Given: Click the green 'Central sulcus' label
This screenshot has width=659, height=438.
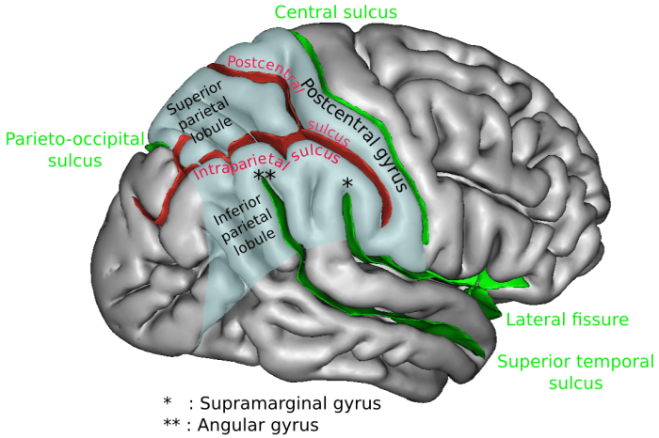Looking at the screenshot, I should pos(335,12).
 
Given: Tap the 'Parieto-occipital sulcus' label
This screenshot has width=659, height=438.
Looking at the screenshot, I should pos(74,150).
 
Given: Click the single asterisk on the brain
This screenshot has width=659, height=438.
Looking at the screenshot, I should pos(347,185).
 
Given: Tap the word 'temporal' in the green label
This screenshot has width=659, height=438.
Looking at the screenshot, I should pos(599,361).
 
